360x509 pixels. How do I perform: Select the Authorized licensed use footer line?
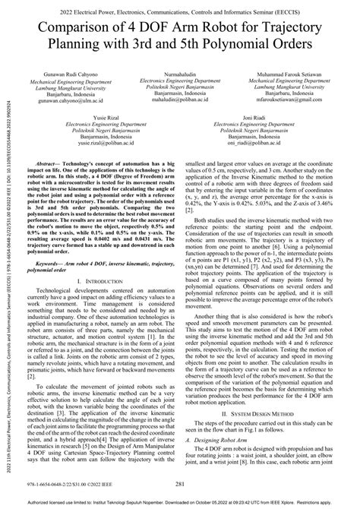click(x=181, y=503)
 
